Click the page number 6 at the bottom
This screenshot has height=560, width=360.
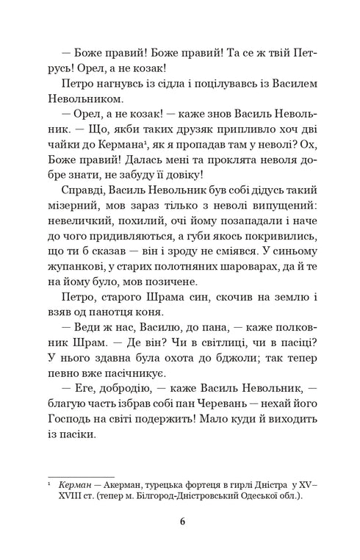pyautogui.click(x=181, y=523)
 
